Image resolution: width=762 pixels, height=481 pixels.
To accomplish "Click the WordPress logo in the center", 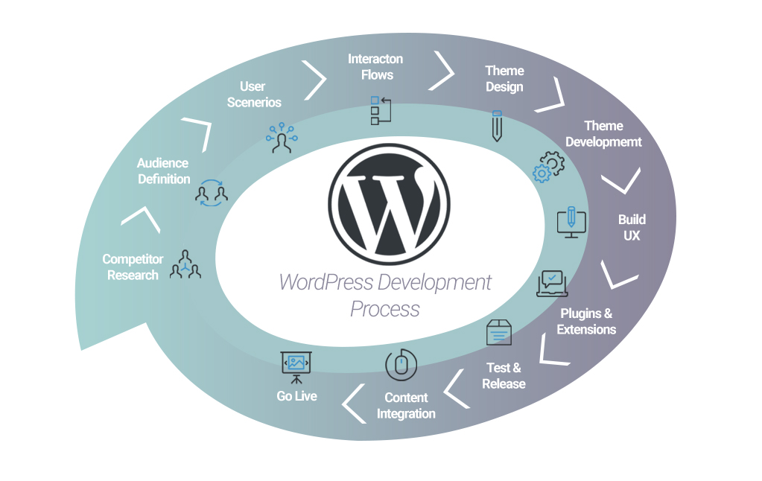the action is pyautogui.click(x=389, y=204).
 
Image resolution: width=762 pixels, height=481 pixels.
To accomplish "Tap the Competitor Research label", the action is pyautogui.click(x=133, y=267).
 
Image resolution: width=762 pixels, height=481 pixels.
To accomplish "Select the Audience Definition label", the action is pyautogui.click(x=163, y=171).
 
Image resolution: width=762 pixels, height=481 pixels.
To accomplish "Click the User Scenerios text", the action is pyautogui.click(x=254, y=95).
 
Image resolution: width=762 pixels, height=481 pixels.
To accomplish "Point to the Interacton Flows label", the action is pyautogui.click(x=375, y=66).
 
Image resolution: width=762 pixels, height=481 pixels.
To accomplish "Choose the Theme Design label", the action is pyautogui.click(x=504, y=79).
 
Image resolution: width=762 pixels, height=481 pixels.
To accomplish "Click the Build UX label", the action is pyautogui.click(x=632, y=227).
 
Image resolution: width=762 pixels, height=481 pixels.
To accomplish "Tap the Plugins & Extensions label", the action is pyautogui.click(x=586, y=321).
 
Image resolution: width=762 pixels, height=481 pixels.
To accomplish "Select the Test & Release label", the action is pyautogui.click(x=504, y=375).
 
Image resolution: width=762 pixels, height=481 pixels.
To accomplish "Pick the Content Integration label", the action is pyautogui.click(x=406, y=405).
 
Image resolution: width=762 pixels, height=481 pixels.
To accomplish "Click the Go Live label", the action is pyautogui.click(x=296, y=396).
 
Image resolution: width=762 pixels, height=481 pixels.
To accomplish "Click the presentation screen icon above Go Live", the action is pyautogui.click(x=296, y=367).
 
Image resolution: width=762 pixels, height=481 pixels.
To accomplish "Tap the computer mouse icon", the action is pyautogui.click(x=401, y=364).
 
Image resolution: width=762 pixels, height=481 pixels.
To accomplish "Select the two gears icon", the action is pyautogui.click(x=549, y=167).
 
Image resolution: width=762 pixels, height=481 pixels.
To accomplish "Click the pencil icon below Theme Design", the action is pyautogui.click(x=497, y=126).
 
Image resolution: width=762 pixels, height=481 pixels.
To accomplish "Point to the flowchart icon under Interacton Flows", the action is pyautogui.click(x=381, y=110).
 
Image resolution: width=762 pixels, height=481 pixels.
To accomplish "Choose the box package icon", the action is pyautogui.click(x=498, y=332).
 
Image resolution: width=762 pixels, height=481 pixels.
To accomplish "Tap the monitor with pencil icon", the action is pyautogui.click(x=571, y=223).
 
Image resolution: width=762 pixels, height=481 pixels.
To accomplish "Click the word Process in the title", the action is pyautogui.click(x=385, y=309).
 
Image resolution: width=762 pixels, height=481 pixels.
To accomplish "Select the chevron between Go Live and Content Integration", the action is pyautogui.click(x=354, y=404).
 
